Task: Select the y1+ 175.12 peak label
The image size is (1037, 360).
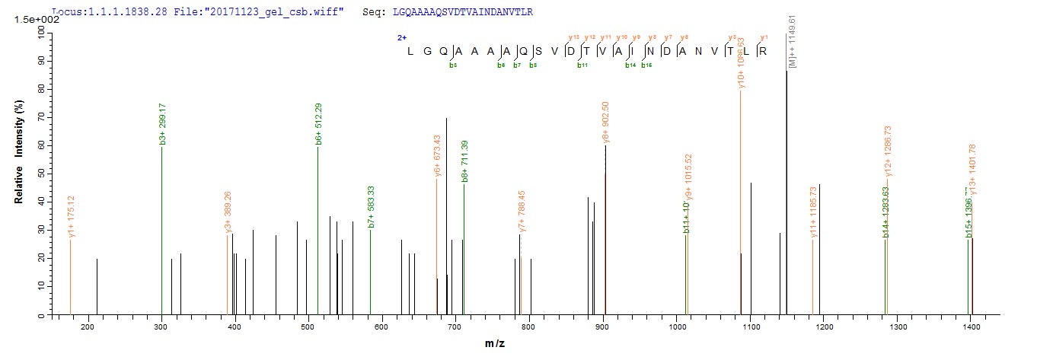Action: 71,217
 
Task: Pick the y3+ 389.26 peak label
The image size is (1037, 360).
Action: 228,213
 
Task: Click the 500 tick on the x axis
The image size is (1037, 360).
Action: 382,327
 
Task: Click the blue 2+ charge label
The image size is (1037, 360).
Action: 400,37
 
